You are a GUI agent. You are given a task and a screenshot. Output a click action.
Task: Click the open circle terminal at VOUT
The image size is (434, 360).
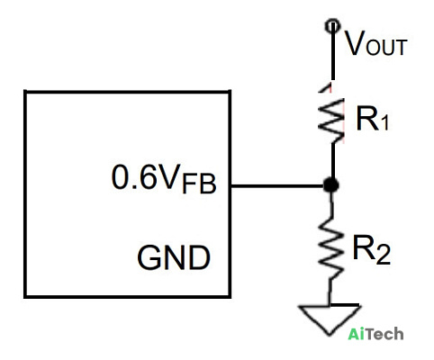coord(332,26)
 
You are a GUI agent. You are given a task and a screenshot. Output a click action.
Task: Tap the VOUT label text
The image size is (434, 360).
coord(375,43)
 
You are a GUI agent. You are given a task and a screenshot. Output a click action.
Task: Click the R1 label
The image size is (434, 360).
coord(372,119)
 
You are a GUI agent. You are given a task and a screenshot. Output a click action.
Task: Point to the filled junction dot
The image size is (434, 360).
coord(331,185)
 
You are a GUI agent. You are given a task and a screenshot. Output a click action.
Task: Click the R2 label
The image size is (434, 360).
coord(372,249)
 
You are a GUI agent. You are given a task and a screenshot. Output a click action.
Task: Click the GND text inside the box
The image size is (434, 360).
coord(174,257)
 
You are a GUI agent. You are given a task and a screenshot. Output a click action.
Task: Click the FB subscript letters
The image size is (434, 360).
coord(199,184)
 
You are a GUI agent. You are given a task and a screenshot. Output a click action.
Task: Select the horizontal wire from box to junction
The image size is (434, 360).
coord(277,186)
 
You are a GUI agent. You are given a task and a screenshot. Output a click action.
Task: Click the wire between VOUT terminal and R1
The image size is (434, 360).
coord(333,54)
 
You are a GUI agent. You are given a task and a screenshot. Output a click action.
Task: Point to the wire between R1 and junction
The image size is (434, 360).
coord(333,160)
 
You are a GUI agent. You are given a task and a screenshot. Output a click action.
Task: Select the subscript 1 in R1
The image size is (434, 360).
coord(384,123)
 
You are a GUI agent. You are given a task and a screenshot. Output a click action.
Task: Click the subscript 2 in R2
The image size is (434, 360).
coord(384,256)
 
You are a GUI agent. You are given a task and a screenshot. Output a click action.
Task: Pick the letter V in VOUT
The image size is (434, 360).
coord(355,43)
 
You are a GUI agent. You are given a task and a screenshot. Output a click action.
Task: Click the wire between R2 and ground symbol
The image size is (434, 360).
coord(330,292)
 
